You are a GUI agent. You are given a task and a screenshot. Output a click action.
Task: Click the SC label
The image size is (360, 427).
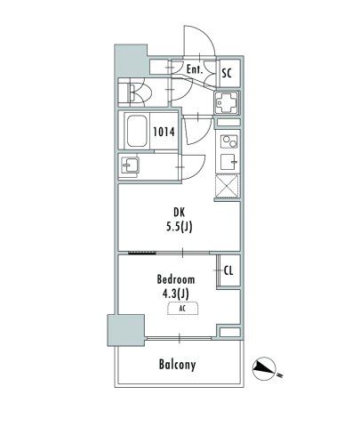pyautogui.click(x=227, y=73)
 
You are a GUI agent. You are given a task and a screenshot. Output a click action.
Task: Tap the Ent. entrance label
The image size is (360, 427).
pyautogui.click(x=195, y=69)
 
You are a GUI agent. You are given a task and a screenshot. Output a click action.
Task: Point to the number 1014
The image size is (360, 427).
pyautogui.click(x=164, y=132)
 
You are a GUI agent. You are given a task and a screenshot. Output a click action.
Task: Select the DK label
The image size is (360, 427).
pyautogui.click(x=179, y=213)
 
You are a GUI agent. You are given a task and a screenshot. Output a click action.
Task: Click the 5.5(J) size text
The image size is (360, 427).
pyautogui.click(x=179, y=227)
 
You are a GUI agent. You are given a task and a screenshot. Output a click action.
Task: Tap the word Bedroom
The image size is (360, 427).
pyautogui.click(x=176, y=279)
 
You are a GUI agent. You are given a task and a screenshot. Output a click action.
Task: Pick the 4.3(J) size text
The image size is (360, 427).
pyautogui.click(x=176, y=294)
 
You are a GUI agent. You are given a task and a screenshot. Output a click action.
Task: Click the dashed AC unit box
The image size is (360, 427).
pyautogui.click(x=183, y=309)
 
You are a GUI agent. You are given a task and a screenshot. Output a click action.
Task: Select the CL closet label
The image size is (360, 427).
pyautogui.click(x=228, y=270)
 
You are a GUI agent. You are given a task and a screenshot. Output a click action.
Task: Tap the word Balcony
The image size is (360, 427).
pyautogui.click(x=178, y=365)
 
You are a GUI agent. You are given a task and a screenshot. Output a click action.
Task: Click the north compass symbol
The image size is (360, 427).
pyautogui.click(x=264, y=369)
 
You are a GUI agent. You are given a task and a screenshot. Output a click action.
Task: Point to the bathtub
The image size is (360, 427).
pyautogui.click(x=137, y=131)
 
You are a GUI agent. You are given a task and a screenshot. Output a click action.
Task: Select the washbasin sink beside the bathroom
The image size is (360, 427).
pyautogui.click(x=130, y=165)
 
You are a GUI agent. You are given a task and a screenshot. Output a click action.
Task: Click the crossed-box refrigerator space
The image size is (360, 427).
pyautogui.click(x=227, y=186)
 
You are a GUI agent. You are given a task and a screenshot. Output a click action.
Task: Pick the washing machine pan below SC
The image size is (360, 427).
pyautogui.click(x=227, y=102)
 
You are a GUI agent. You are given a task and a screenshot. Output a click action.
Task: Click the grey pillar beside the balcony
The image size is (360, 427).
pyautogui.click(x=126, y=330)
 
